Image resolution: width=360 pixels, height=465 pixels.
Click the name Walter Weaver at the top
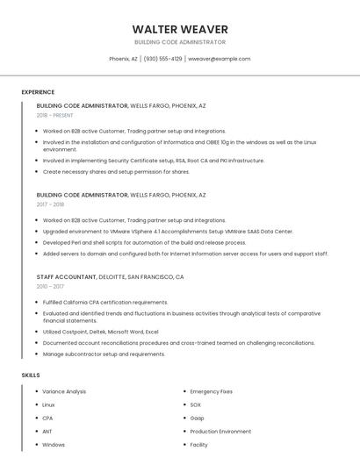(x=180, y=29)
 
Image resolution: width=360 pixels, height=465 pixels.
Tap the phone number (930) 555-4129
(x=162, y=59)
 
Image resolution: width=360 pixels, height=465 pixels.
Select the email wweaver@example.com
(x=220, y=59)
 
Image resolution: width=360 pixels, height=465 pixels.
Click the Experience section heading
(x=38, y=92)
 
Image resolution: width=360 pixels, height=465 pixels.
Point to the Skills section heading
(x=31, y=375)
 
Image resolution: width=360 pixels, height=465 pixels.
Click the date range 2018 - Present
(x=55, y=115)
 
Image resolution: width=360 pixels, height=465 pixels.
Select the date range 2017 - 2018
(x=51, y=204)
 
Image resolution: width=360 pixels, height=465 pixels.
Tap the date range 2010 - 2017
(x=50, y=286)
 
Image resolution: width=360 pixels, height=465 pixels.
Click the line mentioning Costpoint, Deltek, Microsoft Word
(x=100, y=332)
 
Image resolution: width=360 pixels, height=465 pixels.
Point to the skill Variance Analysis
(x=64, y=391)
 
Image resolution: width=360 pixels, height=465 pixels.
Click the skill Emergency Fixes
(x=211, y=391)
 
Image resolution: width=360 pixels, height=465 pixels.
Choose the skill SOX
(x=195, y=404)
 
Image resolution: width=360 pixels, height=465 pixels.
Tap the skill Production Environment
(x=220, y=432)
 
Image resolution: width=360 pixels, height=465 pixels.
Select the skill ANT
(x=47, y=432)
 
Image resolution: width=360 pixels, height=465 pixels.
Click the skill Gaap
(x=198, y=418)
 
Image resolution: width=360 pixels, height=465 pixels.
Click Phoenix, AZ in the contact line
(x=123, y=59)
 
